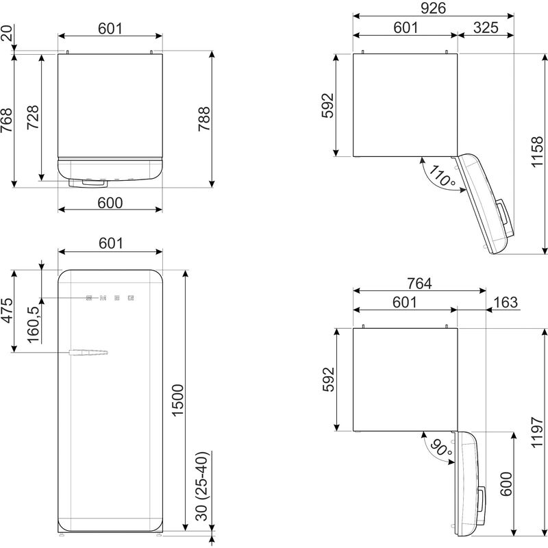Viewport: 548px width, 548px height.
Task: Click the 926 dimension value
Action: coord(434,8)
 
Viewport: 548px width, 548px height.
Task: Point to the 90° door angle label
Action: coord(440,448)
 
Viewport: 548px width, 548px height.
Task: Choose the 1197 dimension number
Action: coord(538,434)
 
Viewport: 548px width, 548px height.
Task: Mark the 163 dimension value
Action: coord(504,303)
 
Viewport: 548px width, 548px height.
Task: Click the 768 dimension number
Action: coord(6,122)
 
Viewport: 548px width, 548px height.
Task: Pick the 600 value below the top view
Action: coord(110,203)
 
